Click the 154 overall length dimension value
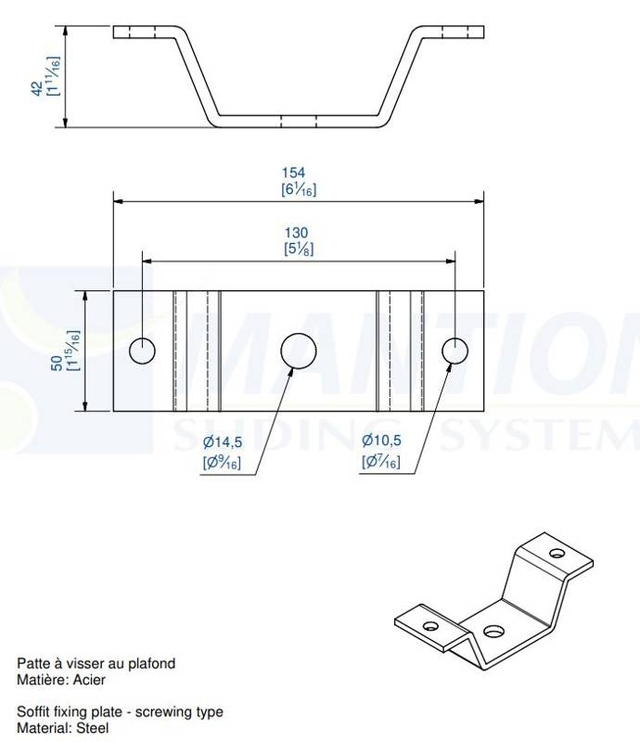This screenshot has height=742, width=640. pyautogui.click(x=293, y=173)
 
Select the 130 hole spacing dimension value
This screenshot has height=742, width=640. pyautogui.click(x=296, y=233)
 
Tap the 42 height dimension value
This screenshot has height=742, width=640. pyautogui.click(x=37, y=88)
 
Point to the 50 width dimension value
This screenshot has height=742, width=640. pyautogui.click(x=57, y=364)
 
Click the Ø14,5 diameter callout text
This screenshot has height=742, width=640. pyautogui.click(x=223, y=442)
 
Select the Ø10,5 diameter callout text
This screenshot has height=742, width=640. pyautogui.click(x=381, y=441)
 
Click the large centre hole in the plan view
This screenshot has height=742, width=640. pyautogui.click(x=299, y=351)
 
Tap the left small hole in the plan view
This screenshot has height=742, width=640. pyautogui.click(x=142, y=352)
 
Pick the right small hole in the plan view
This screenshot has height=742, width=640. pyautogui.click(x=454, y=352)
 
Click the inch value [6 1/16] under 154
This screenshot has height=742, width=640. pyautogui.click(x=299, y=190)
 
